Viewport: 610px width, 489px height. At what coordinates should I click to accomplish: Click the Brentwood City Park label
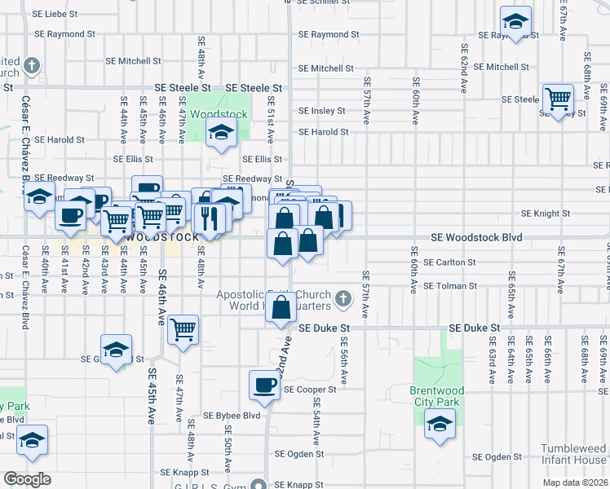(x=435, y=396)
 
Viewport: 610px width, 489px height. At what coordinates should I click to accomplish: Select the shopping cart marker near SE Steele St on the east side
(x=558, y=100)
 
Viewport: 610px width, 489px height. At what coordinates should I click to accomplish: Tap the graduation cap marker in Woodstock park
(x=220, y=133)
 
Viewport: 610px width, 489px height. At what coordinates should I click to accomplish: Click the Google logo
(x=27, y=479)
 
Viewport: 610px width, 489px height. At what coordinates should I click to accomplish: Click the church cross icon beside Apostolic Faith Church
(x=343, y=299)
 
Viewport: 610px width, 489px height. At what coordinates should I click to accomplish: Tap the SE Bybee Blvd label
(x=232, y=416)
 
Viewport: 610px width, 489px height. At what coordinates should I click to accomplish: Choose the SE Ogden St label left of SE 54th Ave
(x=299, y=454)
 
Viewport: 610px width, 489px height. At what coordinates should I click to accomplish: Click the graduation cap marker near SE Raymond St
(x=515, y=22)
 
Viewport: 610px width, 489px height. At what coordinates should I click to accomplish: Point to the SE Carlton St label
(x=450, y=262)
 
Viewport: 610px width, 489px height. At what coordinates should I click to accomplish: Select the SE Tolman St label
(x=450, y=286)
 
